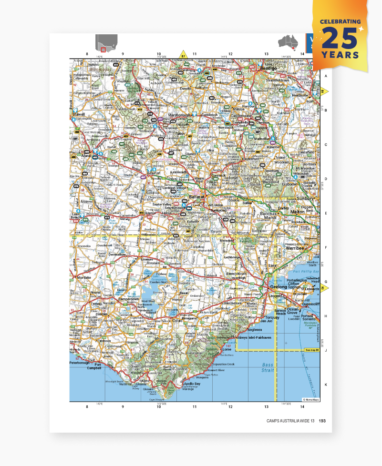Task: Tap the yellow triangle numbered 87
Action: click(x=182, y=54)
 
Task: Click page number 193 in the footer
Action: click(x=322, y=421)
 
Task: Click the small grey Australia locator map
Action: click(x=288, y=43)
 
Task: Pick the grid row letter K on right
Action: click(x=326, y=385)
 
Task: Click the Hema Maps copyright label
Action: click(x=310, y=399)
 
